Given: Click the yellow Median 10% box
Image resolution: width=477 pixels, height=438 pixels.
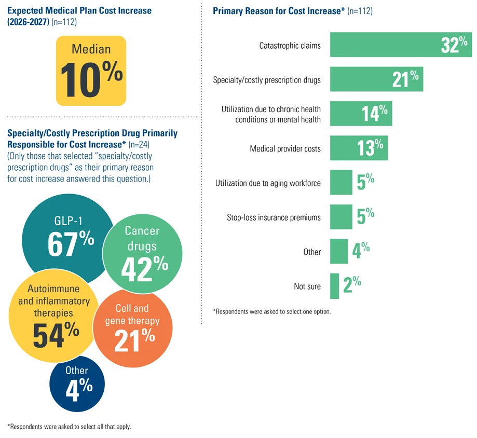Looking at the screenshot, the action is click(91, 71).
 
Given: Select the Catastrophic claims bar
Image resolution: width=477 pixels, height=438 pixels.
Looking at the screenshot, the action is click(401, 45).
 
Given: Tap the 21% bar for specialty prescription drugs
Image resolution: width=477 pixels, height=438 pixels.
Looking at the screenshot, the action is click(377, 79).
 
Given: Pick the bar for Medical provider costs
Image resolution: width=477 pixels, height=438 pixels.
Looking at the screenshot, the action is click(359, 148).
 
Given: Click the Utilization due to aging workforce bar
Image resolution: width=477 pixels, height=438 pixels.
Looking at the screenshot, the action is click(341, 182).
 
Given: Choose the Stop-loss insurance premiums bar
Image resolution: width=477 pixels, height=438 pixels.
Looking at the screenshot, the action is click(341, 216).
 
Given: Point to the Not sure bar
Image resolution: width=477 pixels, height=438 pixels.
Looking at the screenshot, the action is click(334, 286).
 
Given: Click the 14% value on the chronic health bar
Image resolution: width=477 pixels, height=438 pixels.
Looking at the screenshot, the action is click(374, 113).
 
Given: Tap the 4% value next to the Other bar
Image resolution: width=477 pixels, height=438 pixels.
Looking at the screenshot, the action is click(361, 250).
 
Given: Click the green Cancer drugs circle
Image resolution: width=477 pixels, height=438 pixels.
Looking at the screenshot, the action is click(142, 254).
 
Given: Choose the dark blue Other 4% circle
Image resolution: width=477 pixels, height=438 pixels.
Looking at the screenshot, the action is click(77, 385).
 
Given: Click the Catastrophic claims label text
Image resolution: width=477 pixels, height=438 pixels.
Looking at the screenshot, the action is click(290, 46).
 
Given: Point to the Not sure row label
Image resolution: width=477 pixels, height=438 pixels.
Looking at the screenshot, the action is click(307, 286).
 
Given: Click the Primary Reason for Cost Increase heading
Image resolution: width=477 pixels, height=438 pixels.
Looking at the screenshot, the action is click(279, 11).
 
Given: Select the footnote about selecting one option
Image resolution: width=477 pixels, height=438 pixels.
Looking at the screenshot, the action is click(272, 311).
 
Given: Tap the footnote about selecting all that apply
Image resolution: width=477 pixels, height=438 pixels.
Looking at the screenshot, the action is click(69, 427).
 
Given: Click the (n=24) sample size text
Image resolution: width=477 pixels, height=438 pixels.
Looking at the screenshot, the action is click(139, 144).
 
